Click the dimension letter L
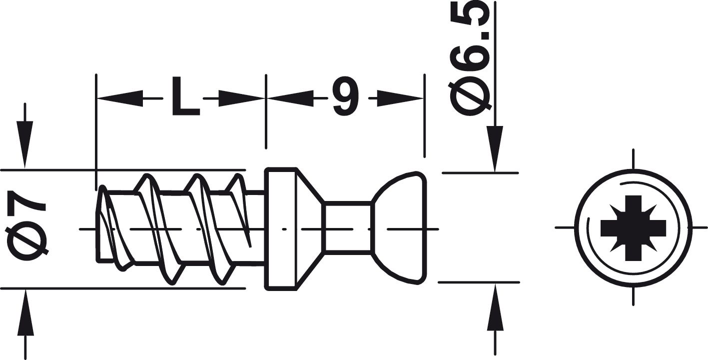[186, 96]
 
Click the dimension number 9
[346, 96]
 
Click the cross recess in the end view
[633, 227]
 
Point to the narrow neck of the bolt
[347, 228]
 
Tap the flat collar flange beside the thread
[281, 228]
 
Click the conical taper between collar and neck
[310, 228]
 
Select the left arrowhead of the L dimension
[120, 98]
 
